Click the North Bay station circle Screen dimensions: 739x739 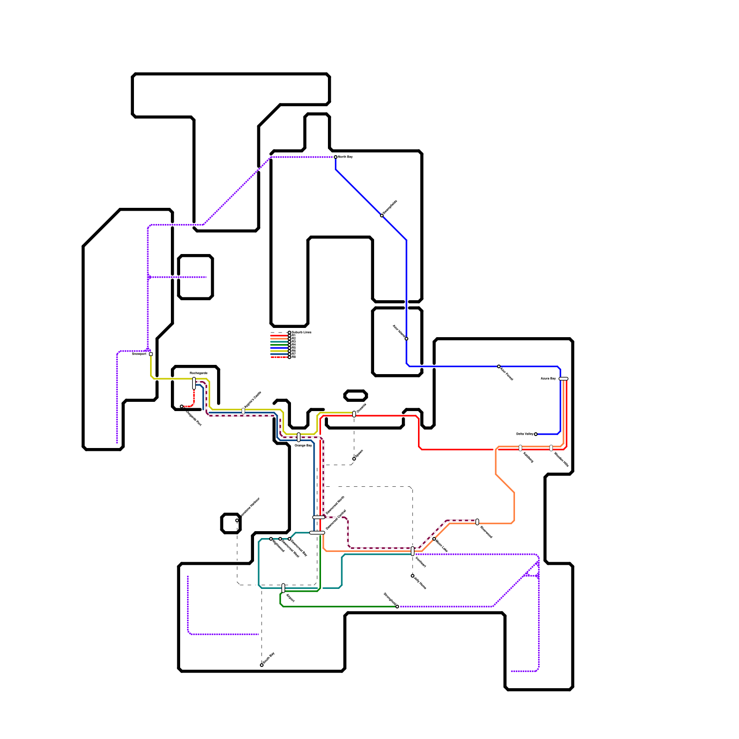[336, 157]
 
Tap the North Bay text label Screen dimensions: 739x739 [345, 157]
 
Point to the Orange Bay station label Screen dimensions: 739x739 [303, 446]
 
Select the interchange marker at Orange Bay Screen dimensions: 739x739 [299, 437]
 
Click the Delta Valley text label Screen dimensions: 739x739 [525, 434]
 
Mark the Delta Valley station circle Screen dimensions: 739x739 [536, 434]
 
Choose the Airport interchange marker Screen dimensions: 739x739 [283, 588]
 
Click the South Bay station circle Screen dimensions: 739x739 [262, 665]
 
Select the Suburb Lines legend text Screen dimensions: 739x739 [302, 332]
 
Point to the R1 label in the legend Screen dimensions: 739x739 [293, 335]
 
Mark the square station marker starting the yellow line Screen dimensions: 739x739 [151, 354]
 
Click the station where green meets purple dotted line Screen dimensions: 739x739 [397, 606]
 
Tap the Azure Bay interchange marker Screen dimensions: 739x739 [563, 379]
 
